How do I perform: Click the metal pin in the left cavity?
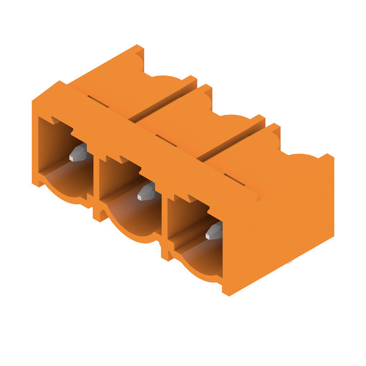pos(78,152)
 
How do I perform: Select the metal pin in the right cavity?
pos(214,231)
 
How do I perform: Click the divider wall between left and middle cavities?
pos(96,183)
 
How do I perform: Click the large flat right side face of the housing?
pos(284,220)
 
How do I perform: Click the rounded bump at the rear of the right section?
pos(302,158)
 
